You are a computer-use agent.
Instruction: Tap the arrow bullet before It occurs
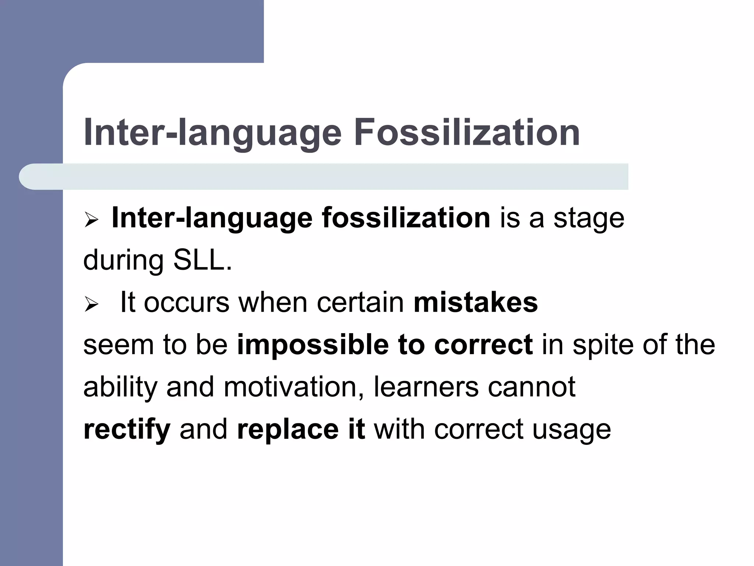(x=91, y=304)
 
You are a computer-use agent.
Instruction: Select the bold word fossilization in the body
(x=406, y=218)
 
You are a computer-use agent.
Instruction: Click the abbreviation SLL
(x=202, y=261)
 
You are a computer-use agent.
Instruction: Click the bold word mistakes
(x=476, y=303)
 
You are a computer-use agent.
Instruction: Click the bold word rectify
(x=127, y=430)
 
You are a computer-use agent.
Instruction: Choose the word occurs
(x=186, y=303)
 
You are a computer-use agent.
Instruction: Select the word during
(x=123, y=261)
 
